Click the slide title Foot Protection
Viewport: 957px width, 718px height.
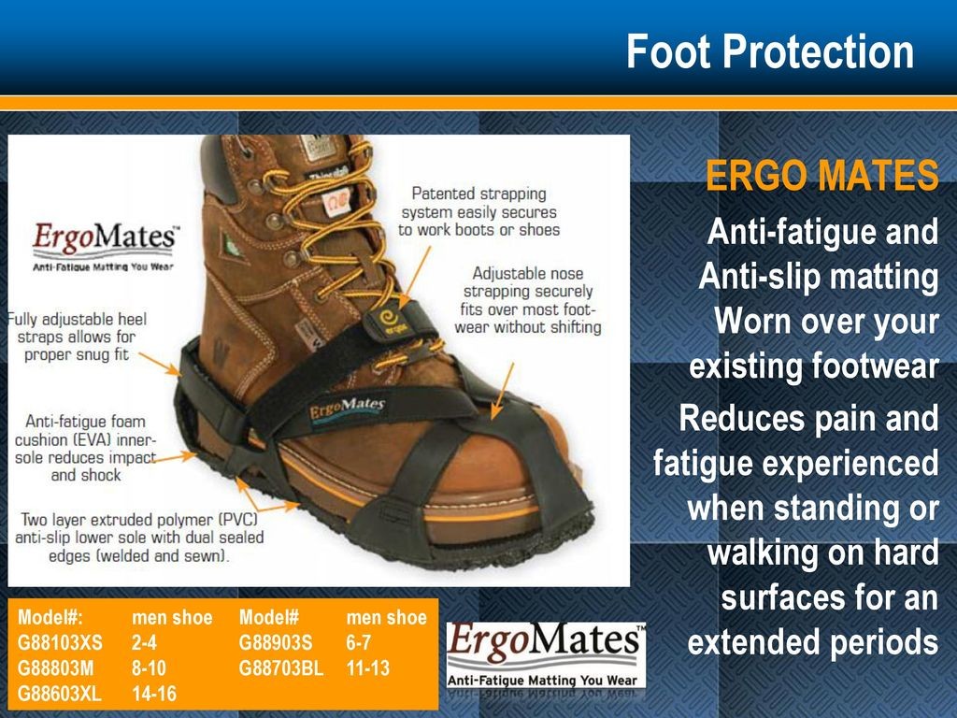pos(770,51)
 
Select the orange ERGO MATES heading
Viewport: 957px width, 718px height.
pos(821,175)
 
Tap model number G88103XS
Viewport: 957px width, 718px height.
pos(60,643)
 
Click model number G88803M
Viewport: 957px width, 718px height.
pos(55,668)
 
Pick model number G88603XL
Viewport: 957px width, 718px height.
pos(59,695)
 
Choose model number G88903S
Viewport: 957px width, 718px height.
pos(276,643)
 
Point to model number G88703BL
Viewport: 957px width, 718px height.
pos(280,668)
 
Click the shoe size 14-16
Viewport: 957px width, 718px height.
pos(154,695)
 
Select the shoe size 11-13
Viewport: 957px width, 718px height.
pos(367,668)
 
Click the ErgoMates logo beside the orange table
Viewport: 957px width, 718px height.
pos(546,656)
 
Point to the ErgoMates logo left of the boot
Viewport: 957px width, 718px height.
pos(105,246)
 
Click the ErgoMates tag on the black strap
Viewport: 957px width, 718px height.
pos(347,410)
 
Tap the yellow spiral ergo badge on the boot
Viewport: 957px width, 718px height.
pos(389,319)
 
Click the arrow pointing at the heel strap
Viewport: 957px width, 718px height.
pos(160,364)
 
